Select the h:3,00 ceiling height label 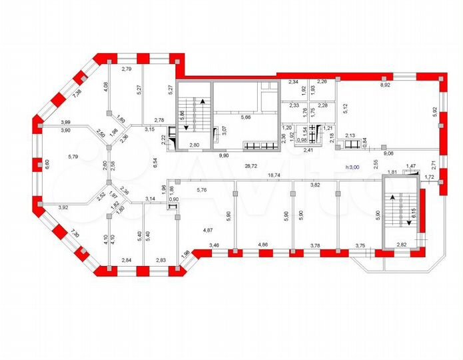coord(350,167)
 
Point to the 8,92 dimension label coord(386,85)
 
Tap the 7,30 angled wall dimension coord(75,235)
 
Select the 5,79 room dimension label coord(73,157)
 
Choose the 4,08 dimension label coord(105,87)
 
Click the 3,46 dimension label coord(215,247)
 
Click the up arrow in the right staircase coord(393,197)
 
